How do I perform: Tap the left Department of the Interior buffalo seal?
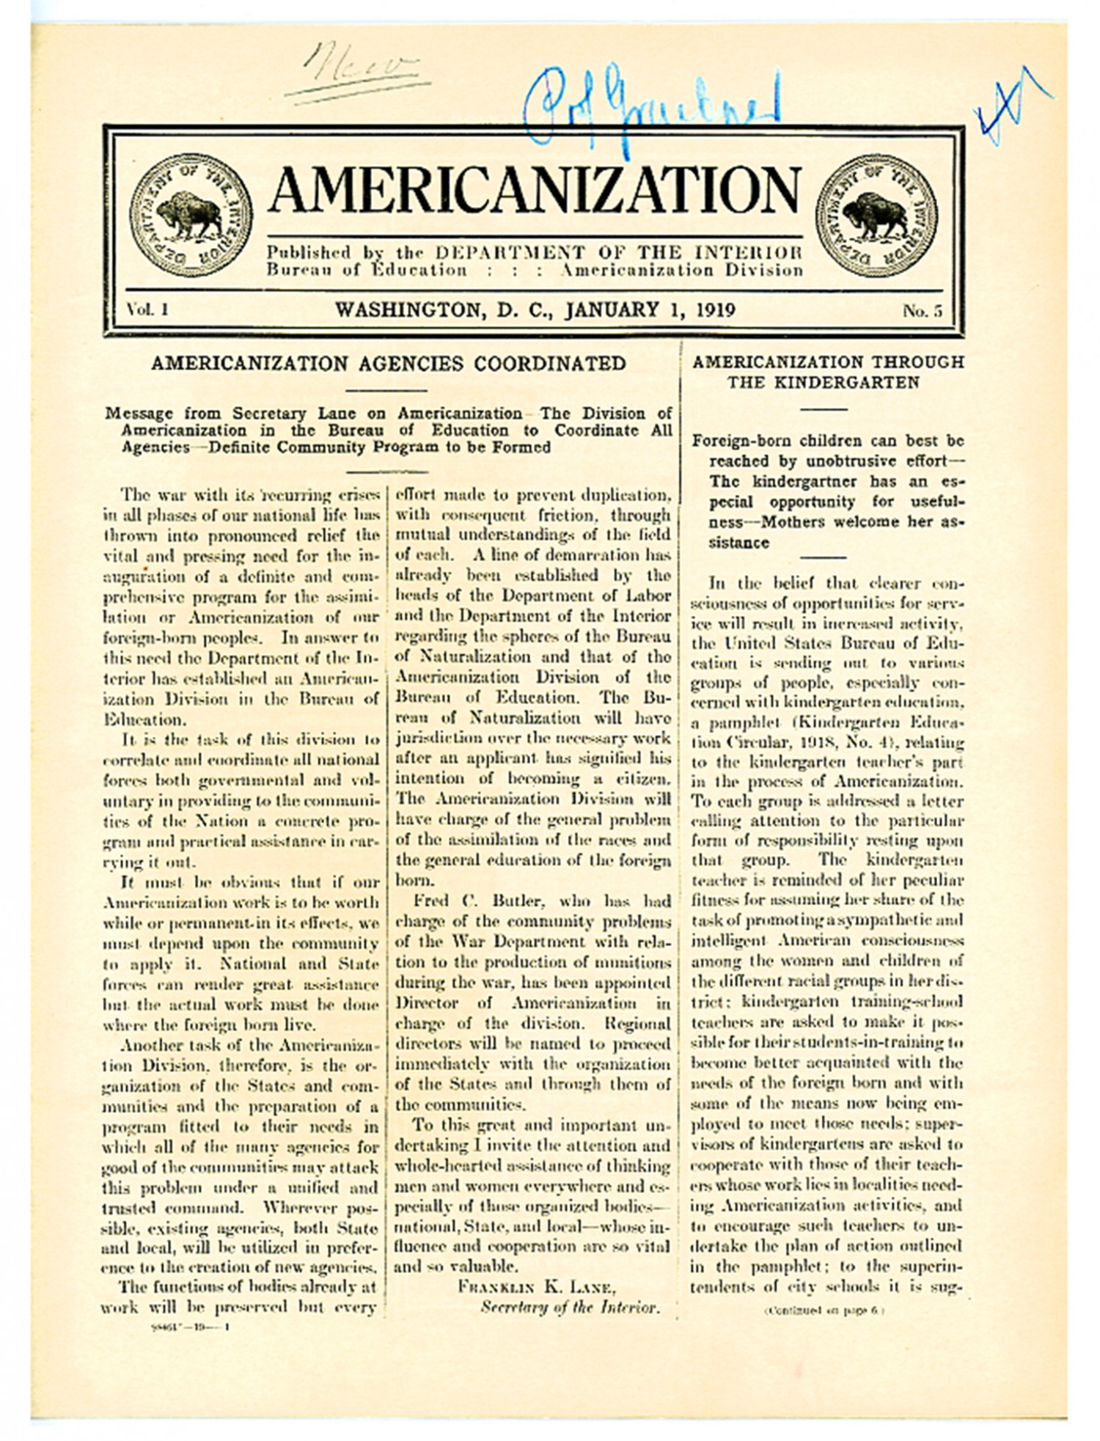[x=191, y=216]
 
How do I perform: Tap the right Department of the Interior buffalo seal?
[x=876, y=216]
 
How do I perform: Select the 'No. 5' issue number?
[x=922, y=311]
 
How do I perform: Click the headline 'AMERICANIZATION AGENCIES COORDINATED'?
[x=388, y=364]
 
